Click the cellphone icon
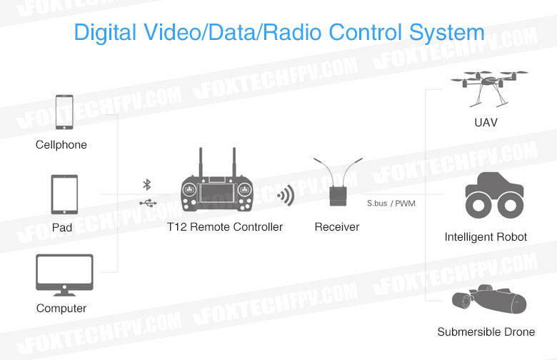point(64,112)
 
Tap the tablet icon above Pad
point(64,194)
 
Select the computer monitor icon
point(64,275)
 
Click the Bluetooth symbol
point(146,185)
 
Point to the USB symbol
point(148,203)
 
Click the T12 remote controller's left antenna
point(201,162)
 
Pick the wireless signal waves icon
point(286,196)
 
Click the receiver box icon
point(338,196)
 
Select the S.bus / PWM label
point(391,204)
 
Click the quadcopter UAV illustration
point(489,89)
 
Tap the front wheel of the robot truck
point(478,206)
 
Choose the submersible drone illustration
point(488,300)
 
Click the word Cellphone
point(61,144)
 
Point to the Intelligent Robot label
point(486,236)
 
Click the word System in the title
point(446,32)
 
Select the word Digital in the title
point(105,32)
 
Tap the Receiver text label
point(337,226)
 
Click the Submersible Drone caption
point(486,331)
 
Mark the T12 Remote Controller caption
point(225,226)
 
